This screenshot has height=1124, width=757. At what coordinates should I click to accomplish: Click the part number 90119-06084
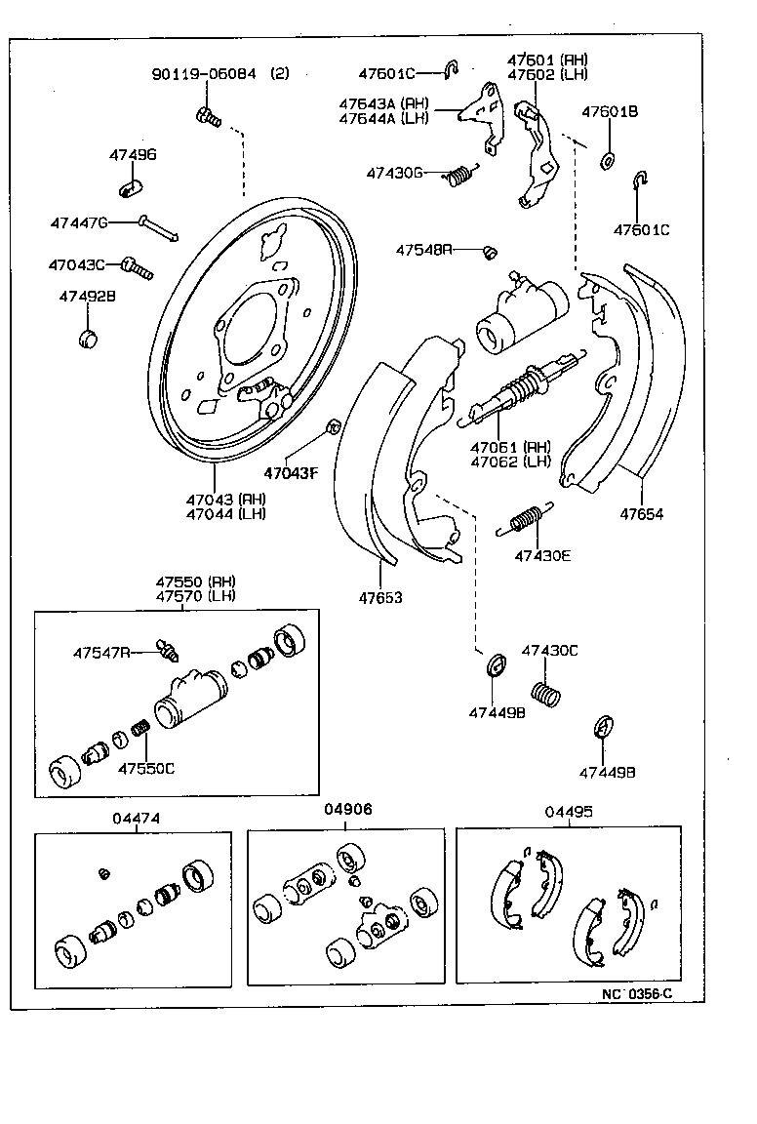point(204,74)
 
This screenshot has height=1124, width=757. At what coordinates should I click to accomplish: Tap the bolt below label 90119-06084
point(209,118)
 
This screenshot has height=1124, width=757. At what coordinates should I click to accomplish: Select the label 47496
point(132,155)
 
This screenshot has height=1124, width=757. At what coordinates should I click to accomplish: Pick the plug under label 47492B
point(89,339)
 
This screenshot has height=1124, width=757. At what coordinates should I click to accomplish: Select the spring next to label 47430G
point(460,176)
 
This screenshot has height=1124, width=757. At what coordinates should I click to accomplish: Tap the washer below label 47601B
point(609,159)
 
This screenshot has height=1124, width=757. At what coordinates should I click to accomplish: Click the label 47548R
point(424,250)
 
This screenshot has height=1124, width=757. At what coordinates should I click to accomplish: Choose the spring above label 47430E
point(528,518)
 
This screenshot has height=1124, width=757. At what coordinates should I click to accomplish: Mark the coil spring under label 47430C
point(548,695)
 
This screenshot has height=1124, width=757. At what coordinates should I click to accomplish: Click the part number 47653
point(379,597)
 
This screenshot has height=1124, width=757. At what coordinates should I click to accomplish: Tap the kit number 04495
point(568,811)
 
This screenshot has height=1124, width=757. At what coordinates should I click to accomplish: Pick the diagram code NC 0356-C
point(637,993)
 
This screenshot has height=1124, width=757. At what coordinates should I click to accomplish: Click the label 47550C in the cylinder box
point(146,768)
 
